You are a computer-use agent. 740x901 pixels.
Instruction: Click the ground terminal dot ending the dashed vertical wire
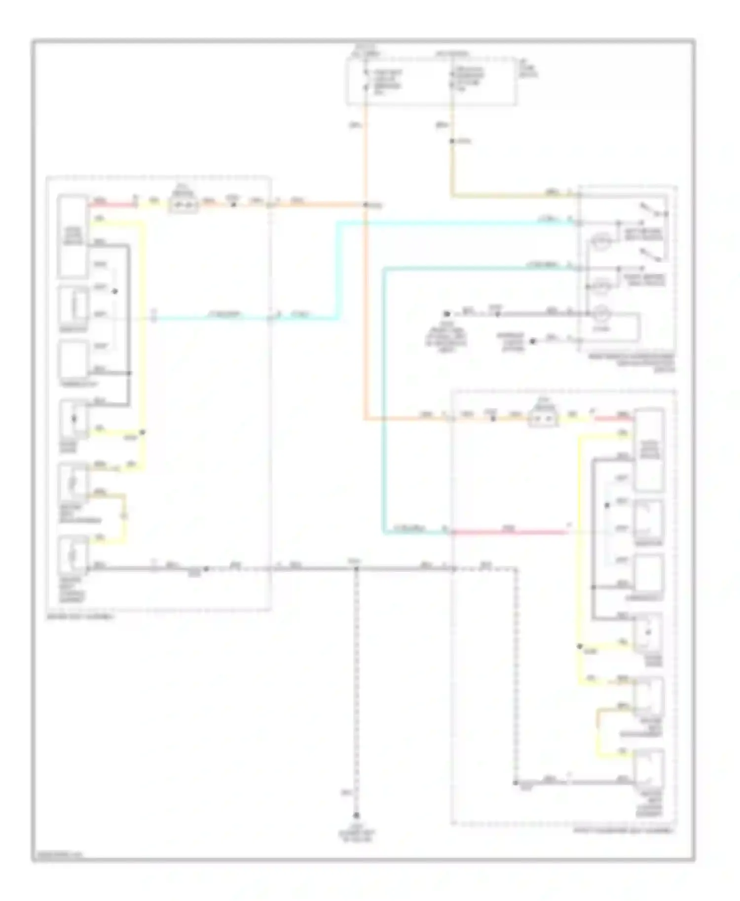tap(356, 816)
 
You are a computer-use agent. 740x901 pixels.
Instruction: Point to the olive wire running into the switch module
tap(513, 196)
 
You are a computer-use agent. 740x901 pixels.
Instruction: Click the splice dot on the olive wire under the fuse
tap(451, 142)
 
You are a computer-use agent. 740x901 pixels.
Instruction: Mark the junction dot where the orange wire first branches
tap(366, 205)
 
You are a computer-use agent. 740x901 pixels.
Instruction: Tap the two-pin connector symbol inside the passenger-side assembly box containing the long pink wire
tap(542, 419)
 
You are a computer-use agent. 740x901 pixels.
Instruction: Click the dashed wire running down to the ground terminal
tap(356, 690)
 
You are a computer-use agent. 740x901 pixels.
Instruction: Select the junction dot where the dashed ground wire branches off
tap(356, 569)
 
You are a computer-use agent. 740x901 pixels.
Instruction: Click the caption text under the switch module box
tap(632, 362)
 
